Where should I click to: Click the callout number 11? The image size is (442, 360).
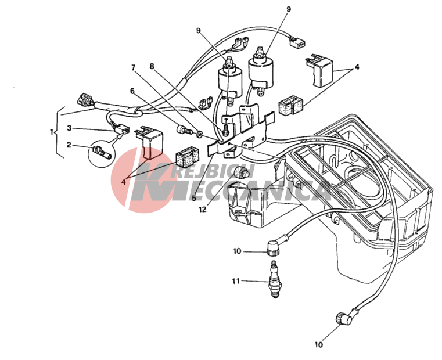235,282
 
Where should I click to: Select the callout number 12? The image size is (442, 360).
202,210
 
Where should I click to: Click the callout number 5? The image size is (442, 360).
194,197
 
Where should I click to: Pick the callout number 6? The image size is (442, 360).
132,91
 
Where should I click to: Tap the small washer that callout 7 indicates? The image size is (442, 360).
199,136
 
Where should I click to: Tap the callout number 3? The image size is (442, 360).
69,128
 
